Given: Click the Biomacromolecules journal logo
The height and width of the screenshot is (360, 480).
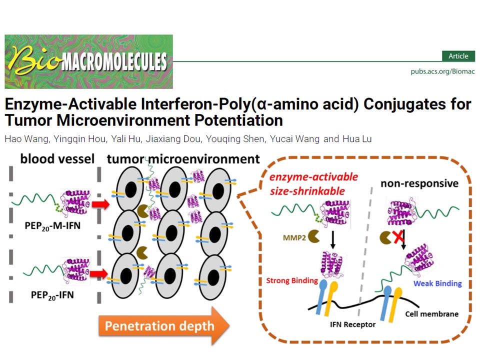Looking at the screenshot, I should tap(88, 61).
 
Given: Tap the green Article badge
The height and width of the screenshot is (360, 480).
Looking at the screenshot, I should tap(458, 56).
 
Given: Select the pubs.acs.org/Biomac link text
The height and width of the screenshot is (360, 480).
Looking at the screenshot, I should tap(442, 71).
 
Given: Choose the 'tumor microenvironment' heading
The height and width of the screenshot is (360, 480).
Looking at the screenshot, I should tap(183, 159).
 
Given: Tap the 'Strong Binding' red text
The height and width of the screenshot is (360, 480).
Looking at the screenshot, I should tap(292, 280).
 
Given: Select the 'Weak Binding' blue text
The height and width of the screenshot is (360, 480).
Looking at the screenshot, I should tap(437, 283).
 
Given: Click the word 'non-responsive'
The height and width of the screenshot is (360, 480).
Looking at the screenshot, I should tap(419, 183).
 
